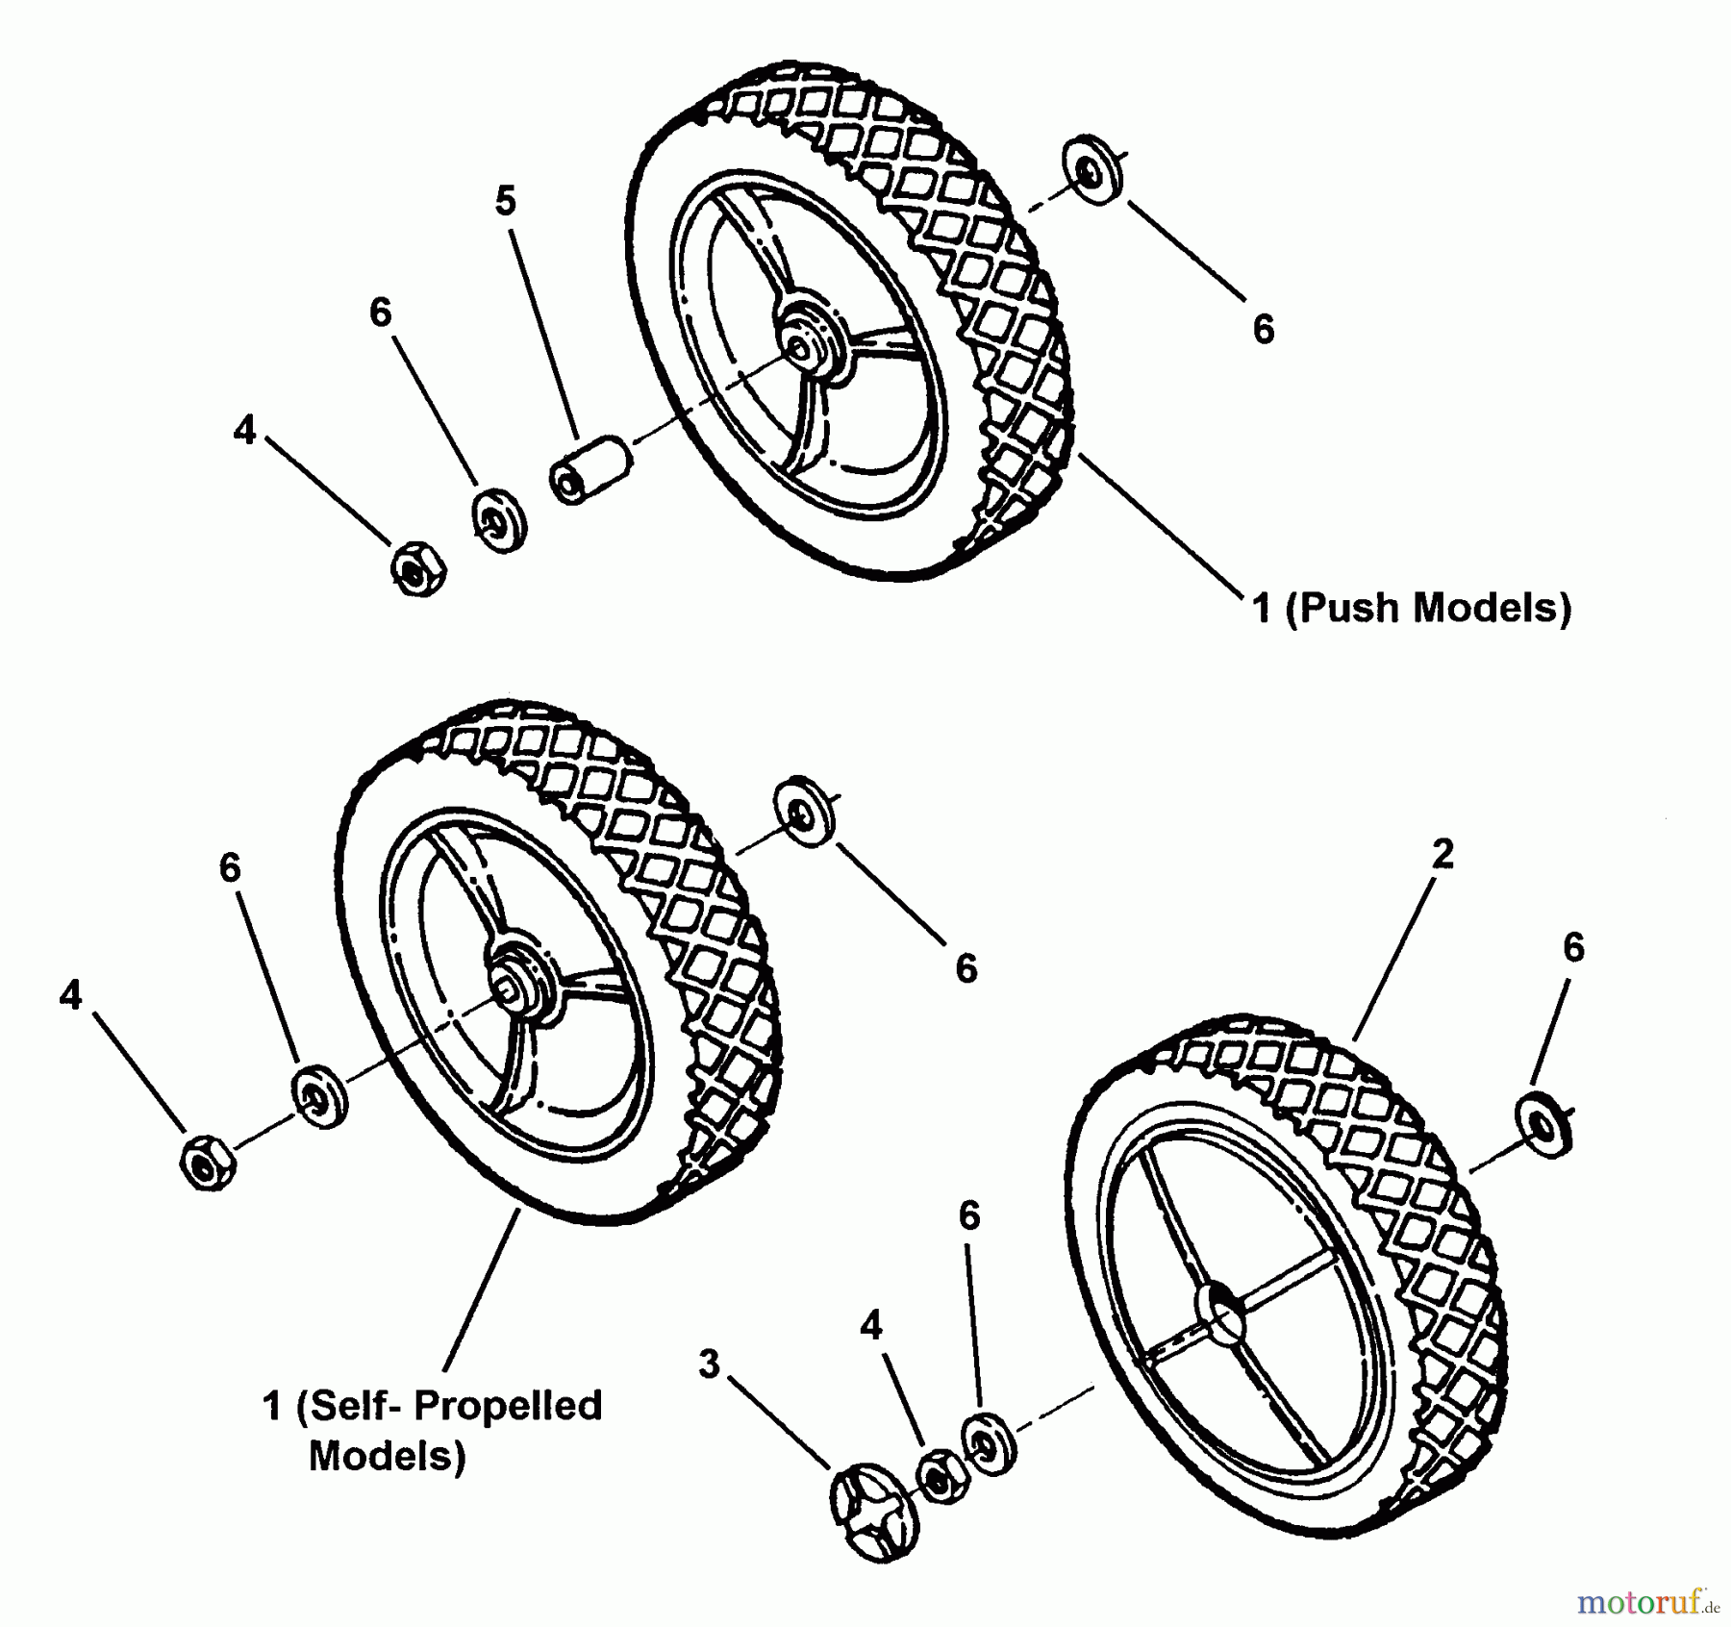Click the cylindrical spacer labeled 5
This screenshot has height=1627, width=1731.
589,468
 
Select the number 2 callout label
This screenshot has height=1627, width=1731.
1442,854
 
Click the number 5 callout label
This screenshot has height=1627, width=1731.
506,201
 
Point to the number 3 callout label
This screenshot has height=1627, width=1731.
709,1364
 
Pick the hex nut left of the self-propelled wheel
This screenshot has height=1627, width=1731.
207,1163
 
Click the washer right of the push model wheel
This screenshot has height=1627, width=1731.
1093,170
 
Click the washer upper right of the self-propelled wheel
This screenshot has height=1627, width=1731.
803,811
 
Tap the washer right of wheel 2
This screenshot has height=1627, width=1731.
1543,1123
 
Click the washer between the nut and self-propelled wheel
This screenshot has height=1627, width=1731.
318,1095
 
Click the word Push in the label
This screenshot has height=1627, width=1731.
1346,608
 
